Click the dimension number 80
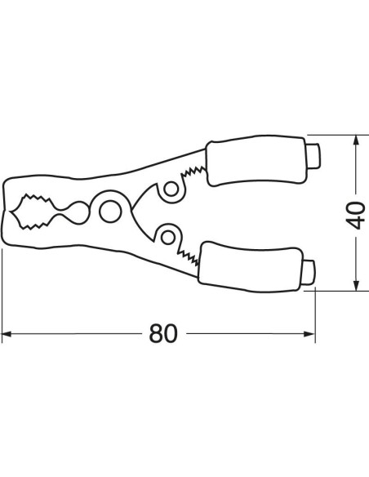[162, 333]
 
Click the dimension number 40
[355, 216]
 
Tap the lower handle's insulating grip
[250, 267]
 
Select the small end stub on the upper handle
[313, 156]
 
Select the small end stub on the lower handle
[309, 273]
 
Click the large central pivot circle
[110, 212]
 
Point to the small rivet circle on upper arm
[171, 189]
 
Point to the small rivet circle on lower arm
[168, 238]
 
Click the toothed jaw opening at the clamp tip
[32, 212]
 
